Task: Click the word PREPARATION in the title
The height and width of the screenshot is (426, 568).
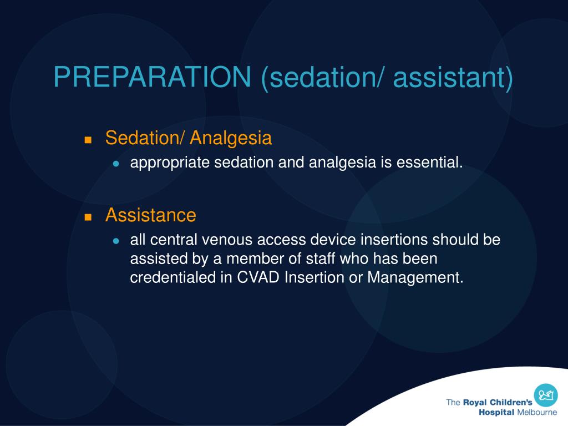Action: tap(152, 77)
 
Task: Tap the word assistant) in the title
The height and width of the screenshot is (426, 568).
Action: tap(453, 78)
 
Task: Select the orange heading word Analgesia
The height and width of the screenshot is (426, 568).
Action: tap(231, 139)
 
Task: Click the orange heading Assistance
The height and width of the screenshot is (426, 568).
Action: tap(151, 215)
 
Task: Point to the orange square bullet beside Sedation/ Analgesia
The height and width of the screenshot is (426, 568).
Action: tap(88, 140)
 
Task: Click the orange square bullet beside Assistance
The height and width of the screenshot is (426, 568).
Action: tap(88, 217)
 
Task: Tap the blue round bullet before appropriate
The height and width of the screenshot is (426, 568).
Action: tap(116, 164)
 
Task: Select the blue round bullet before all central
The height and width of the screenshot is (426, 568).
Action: tap(116, 241)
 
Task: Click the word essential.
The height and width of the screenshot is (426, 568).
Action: tap(430, 163)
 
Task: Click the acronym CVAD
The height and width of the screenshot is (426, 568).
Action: tap(258, 277)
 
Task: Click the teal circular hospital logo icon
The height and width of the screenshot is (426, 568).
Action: tap(546, 395)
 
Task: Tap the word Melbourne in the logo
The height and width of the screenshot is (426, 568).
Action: tap(537, 413)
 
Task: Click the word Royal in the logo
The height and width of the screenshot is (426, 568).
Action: tap(475, 403)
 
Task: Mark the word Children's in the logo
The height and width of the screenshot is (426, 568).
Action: tap(511, 402)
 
